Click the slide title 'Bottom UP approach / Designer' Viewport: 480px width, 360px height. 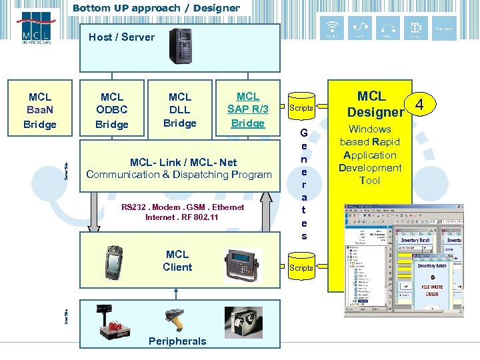pyautogui.click(x=156, y=8)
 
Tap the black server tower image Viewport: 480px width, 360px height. pyautogui.click(x=180, y=46)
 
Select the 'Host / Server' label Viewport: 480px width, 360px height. pyautogui.click(x=121, y=37)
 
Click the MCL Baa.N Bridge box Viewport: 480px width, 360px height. pyautogui.click(x=40, y=111)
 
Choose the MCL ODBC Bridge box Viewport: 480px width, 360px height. pyautogui.click(x=112, y=111)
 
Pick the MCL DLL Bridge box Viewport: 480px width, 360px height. pyautogui.click(x=180, y=110)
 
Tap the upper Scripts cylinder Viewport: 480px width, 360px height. pyautogui.click(x=301, y=107)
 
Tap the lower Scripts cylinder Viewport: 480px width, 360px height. pyautogui.click(x=301, y=267)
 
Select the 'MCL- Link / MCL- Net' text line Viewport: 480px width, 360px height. pyautogui.click(x=183, y=162)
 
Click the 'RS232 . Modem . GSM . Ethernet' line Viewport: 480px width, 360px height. pyautogui.click(x=183, y=207)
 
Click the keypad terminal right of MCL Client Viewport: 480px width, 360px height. pyautogui.click(x=244, y=261)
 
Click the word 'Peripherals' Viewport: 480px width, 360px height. pyautogui.click(x=177, y=341)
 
